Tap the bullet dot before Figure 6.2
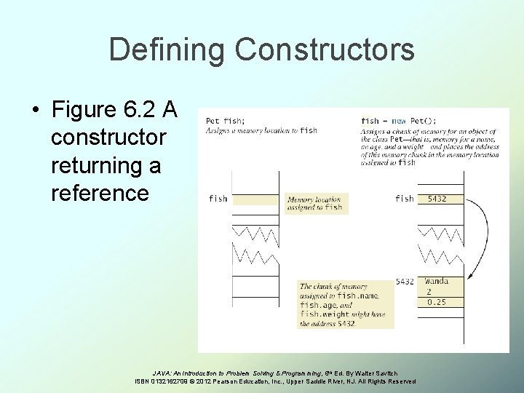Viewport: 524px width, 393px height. coord(35,111)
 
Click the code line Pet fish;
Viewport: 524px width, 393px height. coord(225,121)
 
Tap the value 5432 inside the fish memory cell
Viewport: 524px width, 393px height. coord(437,198)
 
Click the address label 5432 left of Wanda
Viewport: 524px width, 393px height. coord(405,282)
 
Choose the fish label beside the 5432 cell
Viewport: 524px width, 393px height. coord(405,198)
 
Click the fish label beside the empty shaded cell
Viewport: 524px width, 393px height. coord(218,198)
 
